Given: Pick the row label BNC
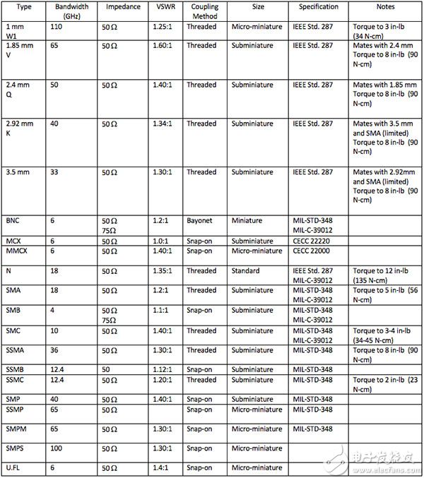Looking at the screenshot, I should pyautogui.click(x=13, y=221).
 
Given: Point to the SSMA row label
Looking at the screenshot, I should pyautogui.click(x=16, y=350).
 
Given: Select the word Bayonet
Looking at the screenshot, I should pyautogui.click(x=201, y=221).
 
